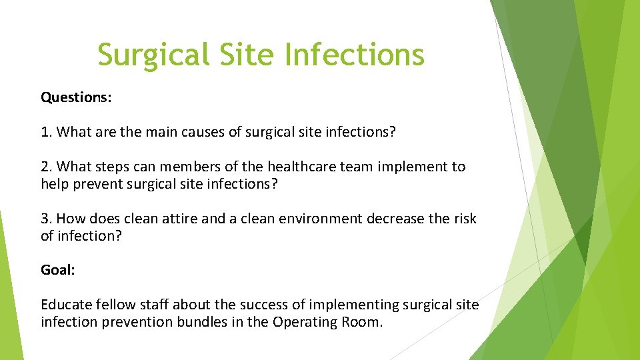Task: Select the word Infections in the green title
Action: pyautogui.click(x=355, y=55)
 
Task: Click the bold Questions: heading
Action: pyautogui.click(x=76, y=97)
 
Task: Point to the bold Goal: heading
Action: pyautogui.click(x=58, y=269)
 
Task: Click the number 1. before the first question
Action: pyautogui.click(x=47, y=132)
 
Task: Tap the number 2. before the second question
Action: pyautogui.click(x=47, y=167)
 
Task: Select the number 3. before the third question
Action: pyautogui.click(x=47, y=219)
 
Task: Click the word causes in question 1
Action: pyautogui.click(x=201, y=132)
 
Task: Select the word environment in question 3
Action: pyautogui.click(x=309, y=219)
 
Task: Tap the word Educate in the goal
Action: pyautogui.click(x=65, y=305)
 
